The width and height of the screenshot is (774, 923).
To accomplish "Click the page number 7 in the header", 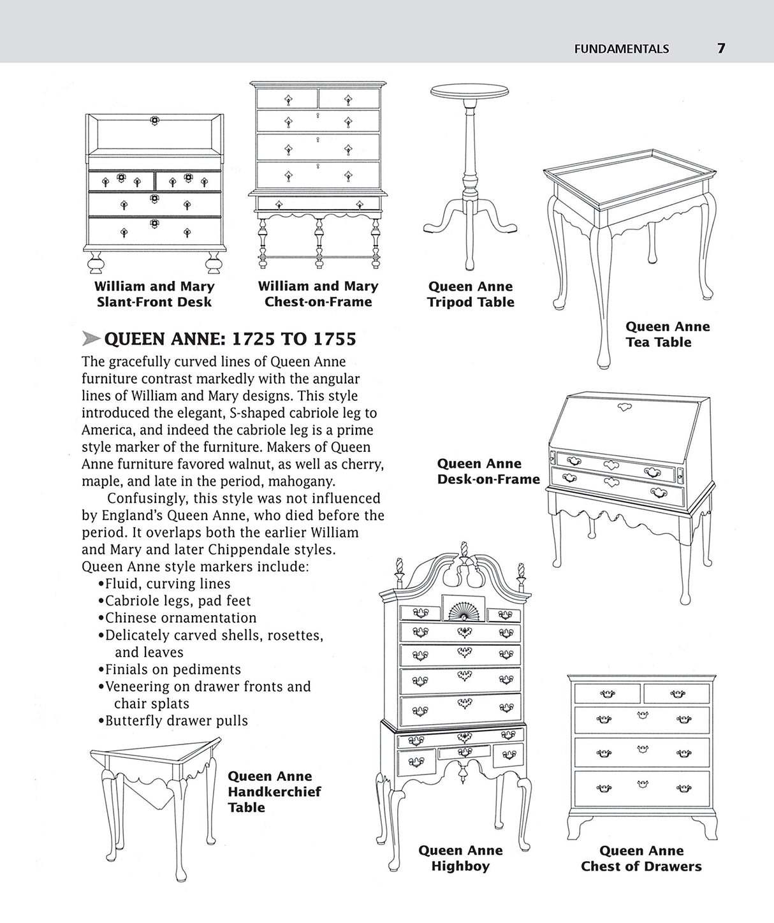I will (x=721, y=48).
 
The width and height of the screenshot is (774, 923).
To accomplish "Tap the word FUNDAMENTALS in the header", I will (x=621, y=48).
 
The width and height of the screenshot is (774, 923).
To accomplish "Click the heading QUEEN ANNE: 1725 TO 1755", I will (x=230, y=338).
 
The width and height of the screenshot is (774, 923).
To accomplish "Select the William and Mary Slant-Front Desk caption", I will (x=154, y=294).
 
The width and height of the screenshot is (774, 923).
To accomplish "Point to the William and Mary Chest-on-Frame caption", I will (x=318, y=294).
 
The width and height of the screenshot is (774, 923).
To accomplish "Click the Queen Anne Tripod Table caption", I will (x=471, y=294).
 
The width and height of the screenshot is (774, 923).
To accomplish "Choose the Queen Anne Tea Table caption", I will (x=667, y=334).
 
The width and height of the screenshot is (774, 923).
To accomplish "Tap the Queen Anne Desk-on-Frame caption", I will (x=488, y=472).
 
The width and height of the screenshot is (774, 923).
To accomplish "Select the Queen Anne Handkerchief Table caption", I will (x=274, y=792).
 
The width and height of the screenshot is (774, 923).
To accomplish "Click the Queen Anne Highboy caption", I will (x=460, y=858).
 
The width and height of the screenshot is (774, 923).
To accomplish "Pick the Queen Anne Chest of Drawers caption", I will (x=641, y=858).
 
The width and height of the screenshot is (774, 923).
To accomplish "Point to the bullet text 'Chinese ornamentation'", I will (x=180, y=618).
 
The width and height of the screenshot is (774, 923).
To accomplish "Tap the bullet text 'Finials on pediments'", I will (x=173, y=669).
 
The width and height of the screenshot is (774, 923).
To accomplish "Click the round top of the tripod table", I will (x=470, y=92).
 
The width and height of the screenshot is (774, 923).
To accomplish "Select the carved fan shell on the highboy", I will (x=462, y=610).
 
